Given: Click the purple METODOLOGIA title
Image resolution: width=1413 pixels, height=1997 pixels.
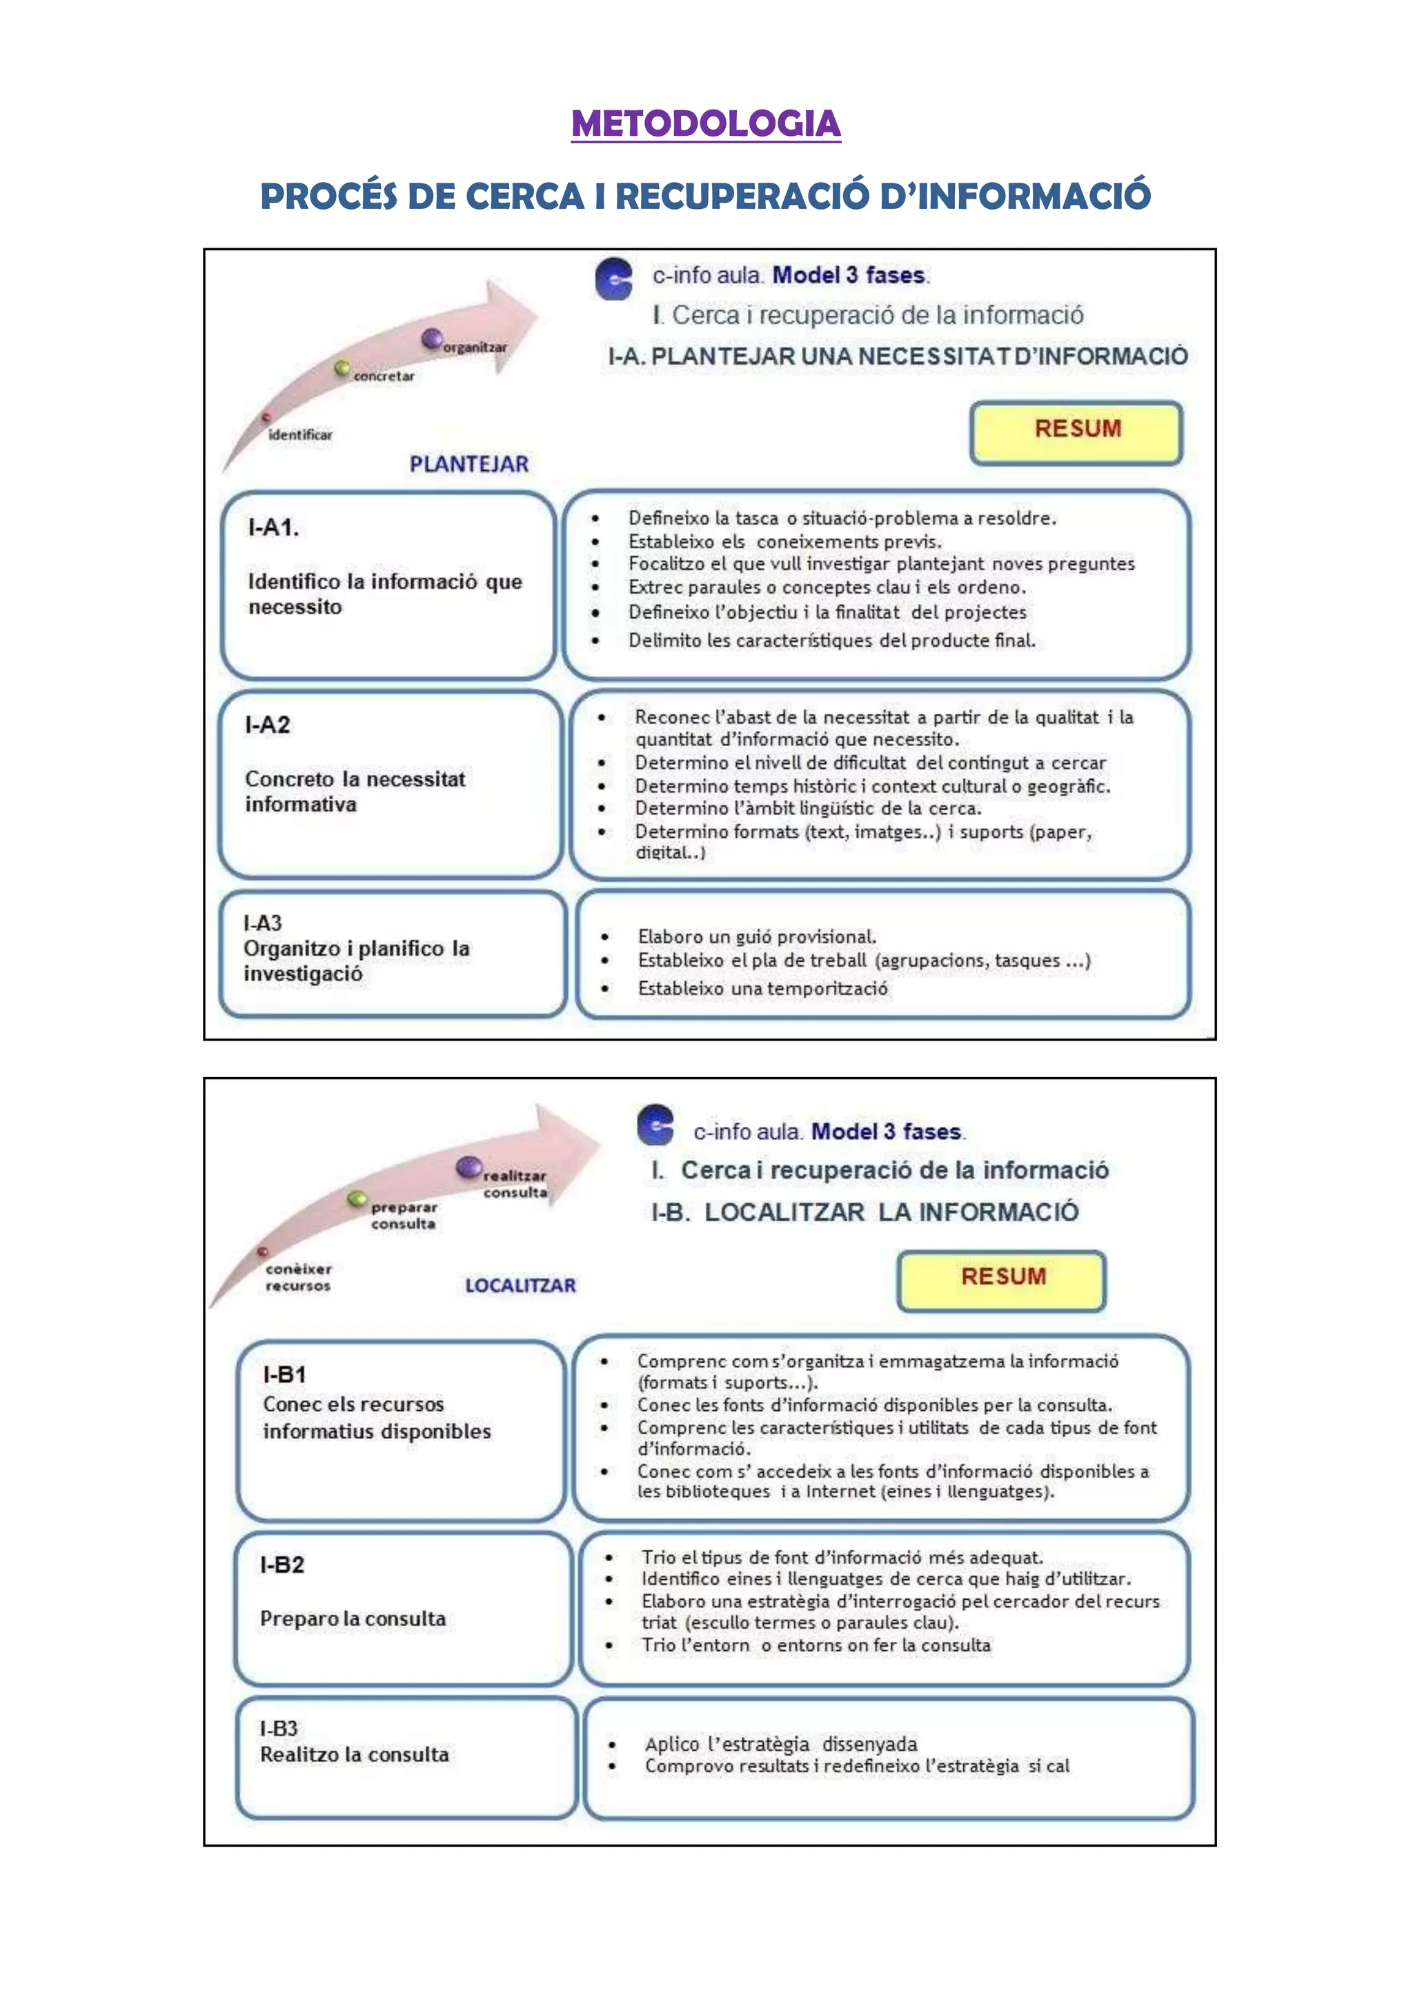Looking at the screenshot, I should point(706,123).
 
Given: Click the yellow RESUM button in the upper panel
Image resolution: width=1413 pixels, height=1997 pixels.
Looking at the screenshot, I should point(1076,432).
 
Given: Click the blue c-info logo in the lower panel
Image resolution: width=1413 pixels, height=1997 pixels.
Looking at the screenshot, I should point(656,1125).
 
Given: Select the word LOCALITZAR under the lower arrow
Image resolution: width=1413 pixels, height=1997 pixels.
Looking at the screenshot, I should point(520,1285).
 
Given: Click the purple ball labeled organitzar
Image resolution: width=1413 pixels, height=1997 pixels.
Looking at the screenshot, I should point(431,339).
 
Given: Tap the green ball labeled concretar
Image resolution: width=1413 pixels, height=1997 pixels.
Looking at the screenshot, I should point(343,369).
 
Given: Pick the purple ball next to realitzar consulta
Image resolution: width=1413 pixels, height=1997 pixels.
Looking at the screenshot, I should point(469,1167).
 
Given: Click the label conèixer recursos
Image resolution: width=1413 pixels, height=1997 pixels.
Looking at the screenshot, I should point(299,1278).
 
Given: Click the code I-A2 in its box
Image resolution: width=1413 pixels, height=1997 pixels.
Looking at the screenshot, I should point(268,725).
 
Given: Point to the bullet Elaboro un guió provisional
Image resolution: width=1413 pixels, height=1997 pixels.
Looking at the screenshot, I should point(756,936).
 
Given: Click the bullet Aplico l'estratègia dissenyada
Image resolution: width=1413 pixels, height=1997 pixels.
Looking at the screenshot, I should point(780,1744).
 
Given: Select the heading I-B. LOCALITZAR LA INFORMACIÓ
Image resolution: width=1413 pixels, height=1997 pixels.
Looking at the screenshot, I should point(865,1212).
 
